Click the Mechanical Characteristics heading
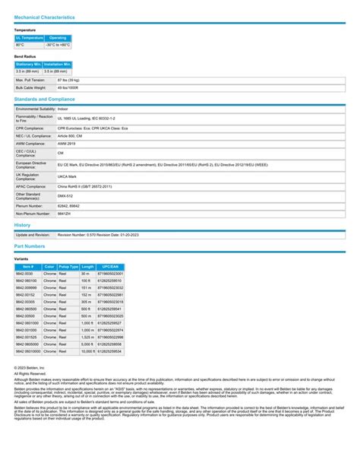coord(44,16)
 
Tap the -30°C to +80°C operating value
coord(58,45)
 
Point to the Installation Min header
coord(58,65)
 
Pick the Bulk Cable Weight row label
coord(31,87)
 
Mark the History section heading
coord(22,225)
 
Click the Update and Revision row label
coord(33,235)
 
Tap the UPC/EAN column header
coord(110,267)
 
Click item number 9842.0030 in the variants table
coord(25,274)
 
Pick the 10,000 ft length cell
coord(87,352)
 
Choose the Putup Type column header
coord(68,267)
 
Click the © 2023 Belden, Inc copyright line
coord(30,368)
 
